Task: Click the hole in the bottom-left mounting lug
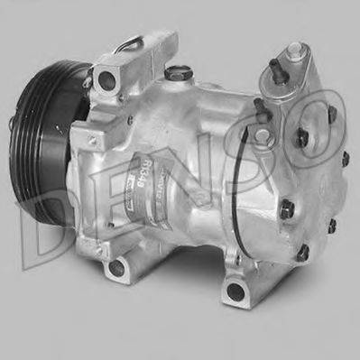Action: [x=115, y=268]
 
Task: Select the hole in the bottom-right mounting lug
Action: [x=235, y=291]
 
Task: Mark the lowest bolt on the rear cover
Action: [x=303, y=252]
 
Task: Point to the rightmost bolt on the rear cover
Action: [x=344, y=159]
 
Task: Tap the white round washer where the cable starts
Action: [x=261, y=134]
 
